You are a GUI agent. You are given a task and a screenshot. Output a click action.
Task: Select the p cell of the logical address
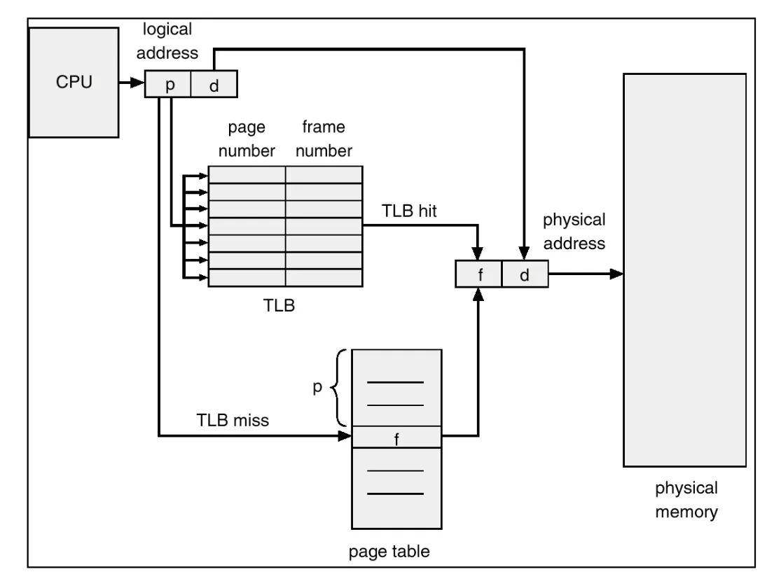click(168, 85)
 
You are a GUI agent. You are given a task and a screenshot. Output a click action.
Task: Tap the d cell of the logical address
click(214, 85)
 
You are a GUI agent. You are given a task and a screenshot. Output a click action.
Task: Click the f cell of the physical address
click(479, 274)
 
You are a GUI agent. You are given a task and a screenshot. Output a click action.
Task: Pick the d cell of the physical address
click(525, 274)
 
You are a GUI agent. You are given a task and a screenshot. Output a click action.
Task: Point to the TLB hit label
click(409, 211)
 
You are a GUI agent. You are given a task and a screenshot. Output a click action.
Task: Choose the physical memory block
click(684, 269)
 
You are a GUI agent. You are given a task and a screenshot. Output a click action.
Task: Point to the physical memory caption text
click(686, 500)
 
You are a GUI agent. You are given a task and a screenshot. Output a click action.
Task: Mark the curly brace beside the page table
click(340, 388)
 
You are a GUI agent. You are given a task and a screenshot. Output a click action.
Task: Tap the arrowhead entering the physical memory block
click(616, 274)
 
